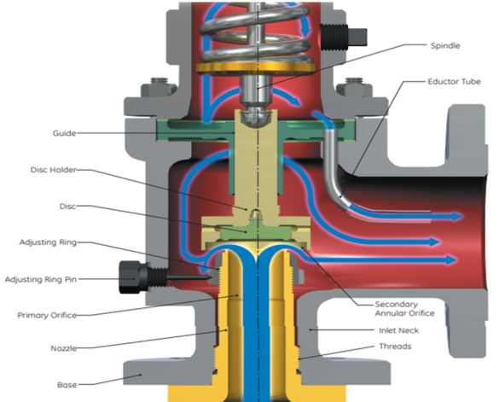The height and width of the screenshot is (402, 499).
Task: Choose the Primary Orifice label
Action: click(47, 315)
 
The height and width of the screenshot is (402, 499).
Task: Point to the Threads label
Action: click(396, 347)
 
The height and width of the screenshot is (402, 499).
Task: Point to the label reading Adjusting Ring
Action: click(48, 242)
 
